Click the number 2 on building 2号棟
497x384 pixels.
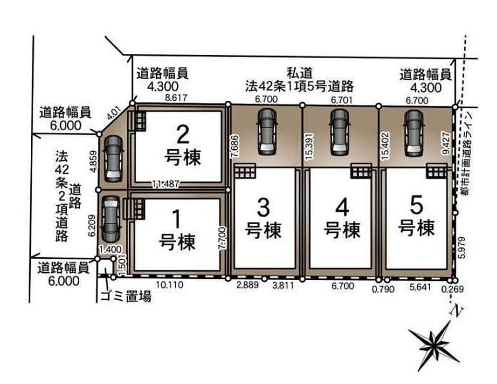(x=182, y=134)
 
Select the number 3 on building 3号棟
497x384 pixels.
(x=263, y=208)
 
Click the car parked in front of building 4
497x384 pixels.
(x=339, y=132)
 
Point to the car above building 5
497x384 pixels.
(x=414, y=133)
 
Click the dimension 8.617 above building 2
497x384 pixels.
(x=176, y=97)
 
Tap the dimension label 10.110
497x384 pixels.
(x=170, y=285)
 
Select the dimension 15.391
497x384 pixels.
(x=310, y=146)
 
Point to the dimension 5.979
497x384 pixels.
(x=462, y=248)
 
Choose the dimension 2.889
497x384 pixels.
(x=248, y=285)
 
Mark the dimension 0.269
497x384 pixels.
(x=452, y=289)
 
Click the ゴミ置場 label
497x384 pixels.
(x=125, y=297)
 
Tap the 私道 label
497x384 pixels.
(x=300, y=73)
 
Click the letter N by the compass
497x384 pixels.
(x=456, y=312)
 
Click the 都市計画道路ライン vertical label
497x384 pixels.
(x=466, y=154)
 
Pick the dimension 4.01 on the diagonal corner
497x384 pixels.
(x=113, y=114)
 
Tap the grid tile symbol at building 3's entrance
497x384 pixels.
(x=245, y=172)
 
